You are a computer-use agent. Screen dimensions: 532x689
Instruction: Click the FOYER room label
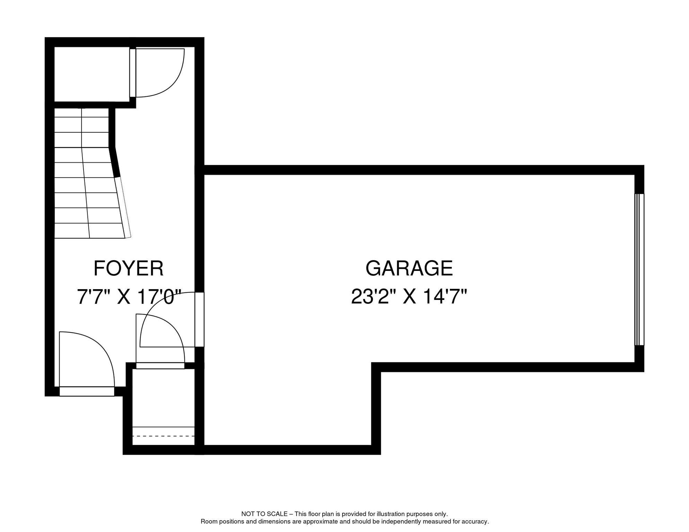[x=128, y=268]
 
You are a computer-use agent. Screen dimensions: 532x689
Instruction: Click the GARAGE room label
[x=409, y=268]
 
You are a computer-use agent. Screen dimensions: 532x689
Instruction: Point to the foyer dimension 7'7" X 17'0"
[x=129, y=297]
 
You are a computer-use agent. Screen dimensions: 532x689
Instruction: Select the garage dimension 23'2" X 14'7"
[x=409, y=297]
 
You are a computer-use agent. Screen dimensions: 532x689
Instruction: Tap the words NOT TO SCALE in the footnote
[x=264, y=514]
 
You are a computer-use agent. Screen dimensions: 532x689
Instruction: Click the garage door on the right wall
[x=639, y=269]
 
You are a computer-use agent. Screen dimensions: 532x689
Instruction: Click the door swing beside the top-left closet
[x=159, y=73]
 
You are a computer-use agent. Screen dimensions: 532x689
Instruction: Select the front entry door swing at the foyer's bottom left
[x=87, y=360]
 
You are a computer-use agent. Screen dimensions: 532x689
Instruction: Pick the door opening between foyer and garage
[x=200, y=319]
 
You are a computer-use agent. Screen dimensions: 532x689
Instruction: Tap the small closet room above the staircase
[x=91, y=74]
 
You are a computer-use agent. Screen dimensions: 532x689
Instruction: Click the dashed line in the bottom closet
[x=163, y=436]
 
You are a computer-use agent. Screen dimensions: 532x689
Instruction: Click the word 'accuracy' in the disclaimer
[x=476, y=522]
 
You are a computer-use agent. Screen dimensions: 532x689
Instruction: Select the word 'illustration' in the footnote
[x=391, y=514]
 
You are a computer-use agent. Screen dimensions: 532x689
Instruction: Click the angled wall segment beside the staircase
[x=115, y=162]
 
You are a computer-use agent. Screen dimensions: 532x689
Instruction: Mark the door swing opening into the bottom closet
[x=160, y=341]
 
